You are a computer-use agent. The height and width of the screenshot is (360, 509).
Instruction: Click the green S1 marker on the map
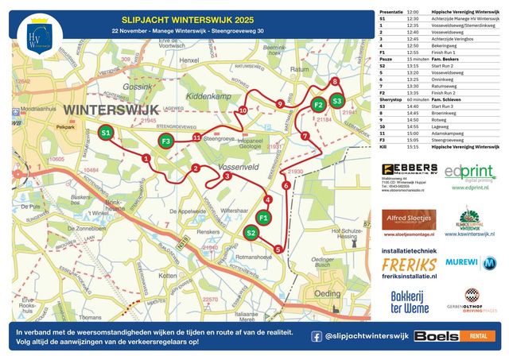106,133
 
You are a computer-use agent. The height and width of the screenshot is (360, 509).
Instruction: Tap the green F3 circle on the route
165,141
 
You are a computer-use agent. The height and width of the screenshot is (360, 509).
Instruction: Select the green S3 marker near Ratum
337,101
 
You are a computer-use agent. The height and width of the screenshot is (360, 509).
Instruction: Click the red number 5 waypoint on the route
277,250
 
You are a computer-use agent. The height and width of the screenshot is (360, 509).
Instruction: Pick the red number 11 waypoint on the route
196,137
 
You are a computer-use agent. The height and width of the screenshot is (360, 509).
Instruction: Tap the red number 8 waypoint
335,82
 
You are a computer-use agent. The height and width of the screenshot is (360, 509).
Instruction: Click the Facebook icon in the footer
317,336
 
